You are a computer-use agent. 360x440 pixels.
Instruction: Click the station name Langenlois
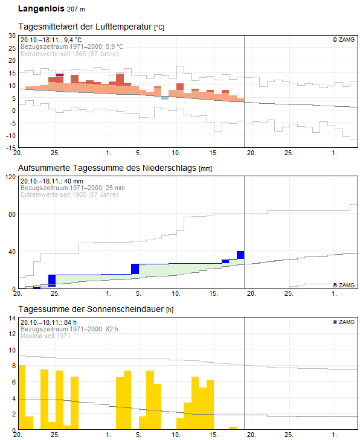[x=41, y=9]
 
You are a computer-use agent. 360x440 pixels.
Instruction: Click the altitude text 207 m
[x=76, y=9]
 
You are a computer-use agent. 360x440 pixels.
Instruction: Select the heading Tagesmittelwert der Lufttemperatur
[x=85, y=27]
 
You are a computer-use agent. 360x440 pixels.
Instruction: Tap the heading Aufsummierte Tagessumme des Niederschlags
[x=107, y=168]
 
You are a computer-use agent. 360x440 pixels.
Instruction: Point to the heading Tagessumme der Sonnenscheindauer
[x=91, y=309]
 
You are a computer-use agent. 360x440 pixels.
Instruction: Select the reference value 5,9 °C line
[x=72, y=46]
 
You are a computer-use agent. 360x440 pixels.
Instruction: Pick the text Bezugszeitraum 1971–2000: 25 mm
[x=72, y=188]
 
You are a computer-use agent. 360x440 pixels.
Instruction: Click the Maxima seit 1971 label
[x=45, y=336]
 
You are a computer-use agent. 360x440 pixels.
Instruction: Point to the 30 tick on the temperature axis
[x=12, y=36]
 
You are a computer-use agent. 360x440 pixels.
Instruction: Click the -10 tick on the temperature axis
[x=11, y=136]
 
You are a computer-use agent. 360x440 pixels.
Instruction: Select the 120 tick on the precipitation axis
[x=11, y=177]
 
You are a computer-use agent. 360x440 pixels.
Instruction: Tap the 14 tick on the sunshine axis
[x=12, y=318]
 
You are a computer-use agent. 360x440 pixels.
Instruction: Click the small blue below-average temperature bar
[x=165, y=98]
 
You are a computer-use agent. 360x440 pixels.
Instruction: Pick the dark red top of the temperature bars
[x=60, y=75]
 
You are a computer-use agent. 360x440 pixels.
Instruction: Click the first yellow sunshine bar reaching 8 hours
[x=22, y=397]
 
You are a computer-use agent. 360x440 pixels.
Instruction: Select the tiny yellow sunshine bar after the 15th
[x=233, y=428]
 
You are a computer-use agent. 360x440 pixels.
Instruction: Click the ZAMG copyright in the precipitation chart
[x=344, y=285]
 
